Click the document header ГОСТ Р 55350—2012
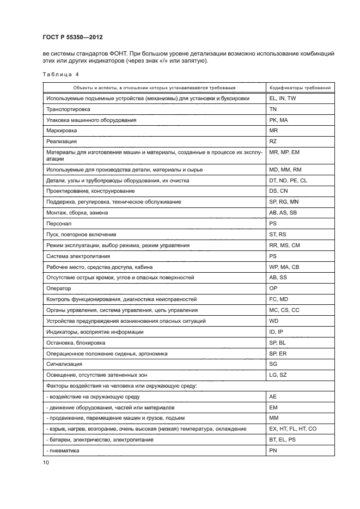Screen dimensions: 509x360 tap(72, 37)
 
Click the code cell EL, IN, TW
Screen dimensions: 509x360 tap(283, 99)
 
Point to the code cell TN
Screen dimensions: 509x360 tap(274, 109)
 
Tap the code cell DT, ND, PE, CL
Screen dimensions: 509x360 tap(288, 180)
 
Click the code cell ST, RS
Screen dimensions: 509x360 tap(278, 235)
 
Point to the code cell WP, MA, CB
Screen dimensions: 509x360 tap(284, 267)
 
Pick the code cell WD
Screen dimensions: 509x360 tap(274, 321)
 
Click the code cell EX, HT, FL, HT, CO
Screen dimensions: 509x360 tap(293, 429)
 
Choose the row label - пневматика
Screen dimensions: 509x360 tap(63, 451)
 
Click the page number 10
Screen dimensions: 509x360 tap(46, 463)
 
